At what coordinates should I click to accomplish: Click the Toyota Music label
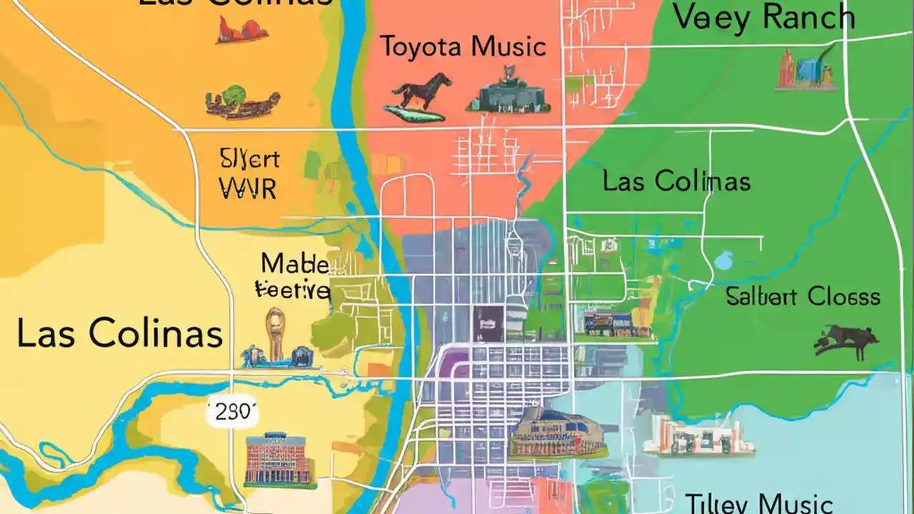463,47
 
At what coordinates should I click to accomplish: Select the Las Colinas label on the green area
676,181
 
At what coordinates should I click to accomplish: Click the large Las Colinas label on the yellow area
119,333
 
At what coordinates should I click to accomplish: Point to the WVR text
247,188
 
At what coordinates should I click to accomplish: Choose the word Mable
294,264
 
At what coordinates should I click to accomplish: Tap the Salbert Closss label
803,296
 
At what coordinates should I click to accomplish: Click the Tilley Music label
758,503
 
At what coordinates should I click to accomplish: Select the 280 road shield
232,412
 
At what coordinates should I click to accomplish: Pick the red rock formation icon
243,30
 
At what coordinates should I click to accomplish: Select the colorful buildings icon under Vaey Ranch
806,70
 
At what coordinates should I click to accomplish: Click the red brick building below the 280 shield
280,459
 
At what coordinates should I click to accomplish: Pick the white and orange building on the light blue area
698,436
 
